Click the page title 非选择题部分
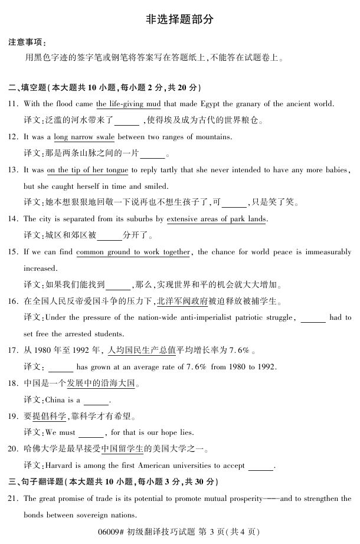coord(179,19)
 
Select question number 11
coord(13,104)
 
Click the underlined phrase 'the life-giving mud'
coord(128,104)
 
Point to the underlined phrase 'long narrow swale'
coord(84,137)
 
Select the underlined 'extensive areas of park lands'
coord(217,219)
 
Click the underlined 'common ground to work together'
coord(133,253)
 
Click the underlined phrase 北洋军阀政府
coord(182,302)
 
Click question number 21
coord(13,499)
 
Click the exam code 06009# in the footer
coord(112,532)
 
